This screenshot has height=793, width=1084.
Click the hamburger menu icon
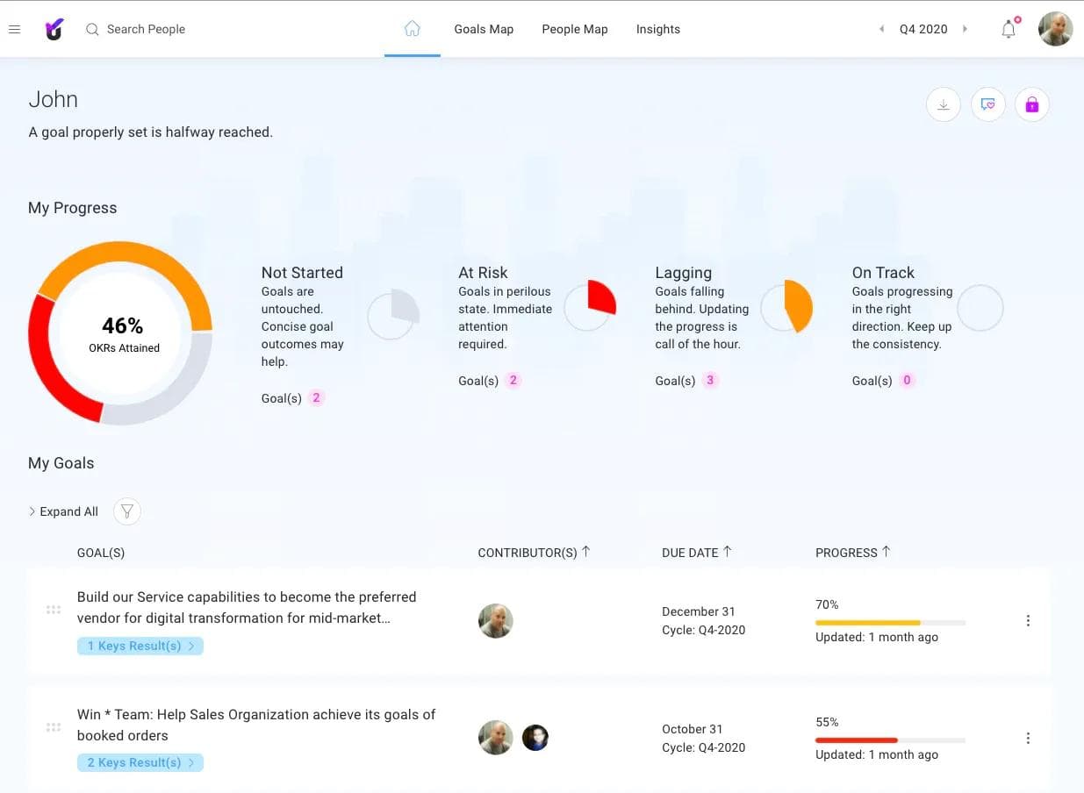coord(14,29)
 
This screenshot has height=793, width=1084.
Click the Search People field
coord(146,29)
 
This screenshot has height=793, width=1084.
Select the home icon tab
coord(412,29)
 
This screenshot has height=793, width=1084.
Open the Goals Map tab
coord(484,29)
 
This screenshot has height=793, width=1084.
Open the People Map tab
coord(574,29)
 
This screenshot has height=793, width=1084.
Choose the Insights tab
coord(657,29)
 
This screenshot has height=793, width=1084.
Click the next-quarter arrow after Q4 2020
coord(965,29)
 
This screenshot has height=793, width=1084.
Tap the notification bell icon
coord(1009,29)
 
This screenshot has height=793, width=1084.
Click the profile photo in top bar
coord(1055,29)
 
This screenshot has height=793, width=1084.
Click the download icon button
coord(943,105)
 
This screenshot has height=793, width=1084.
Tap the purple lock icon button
coord(1031,105)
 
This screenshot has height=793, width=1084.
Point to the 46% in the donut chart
coord(123,325)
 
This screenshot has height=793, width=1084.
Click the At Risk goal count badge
coord(513,381)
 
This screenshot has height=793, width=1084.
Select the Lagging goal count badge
coord(710,381)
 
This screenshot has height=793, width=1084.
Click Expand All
coord(68,511)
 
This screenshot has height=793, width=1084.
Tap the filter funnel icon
coord(127,511)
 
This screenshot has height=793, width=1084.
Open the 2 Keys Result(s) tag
coord(140,762)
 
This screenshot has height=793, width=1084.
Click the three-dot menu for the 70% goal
coord(1028,621)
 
